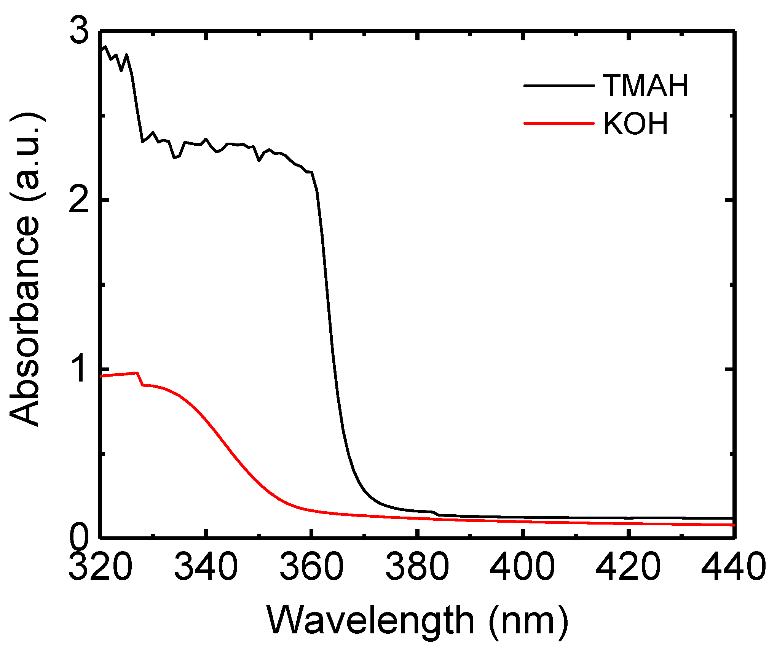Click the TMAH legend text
[x=646, y=86]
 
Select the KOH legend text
[x=636, y=124]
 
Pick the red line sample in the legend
[x=558, y=123]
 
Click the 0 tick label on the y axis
[x=79, y=537]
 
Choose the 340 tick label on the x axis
[x=206, y=566]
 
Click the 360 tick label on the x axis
[x=312, y=566]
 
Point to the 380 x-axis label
[x=418, y=566]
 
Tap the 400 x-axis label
[x=523, y=566]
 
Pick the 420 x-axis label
[x=629, y=566]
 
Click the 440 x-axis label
[x=733, y=566]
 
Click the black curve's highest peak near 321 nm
[x=105, y=46]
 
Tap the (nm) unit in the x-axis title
[x=528, y=621]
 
